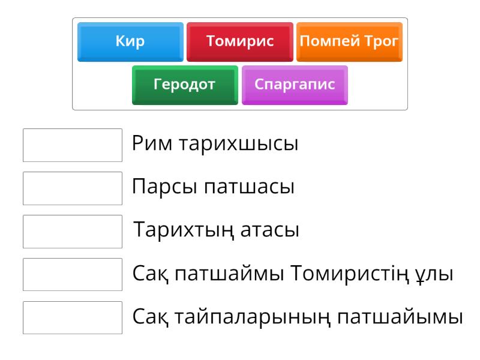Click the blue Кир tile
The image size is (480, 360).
point(130,41)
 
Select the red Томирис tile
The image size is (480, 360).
point(240,41)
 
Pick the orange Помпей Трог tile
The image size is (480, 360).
point(349,41)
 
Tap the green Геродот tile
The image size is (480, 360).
point(185,85)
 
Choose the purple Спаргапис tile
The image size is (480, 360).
point(295,85)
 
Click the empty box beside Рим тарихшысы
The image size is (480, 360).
point(73,145)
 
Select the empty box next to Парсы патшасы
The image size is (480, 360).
point(73,188)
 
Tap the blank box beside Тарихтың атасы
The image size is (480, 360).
point(73,231)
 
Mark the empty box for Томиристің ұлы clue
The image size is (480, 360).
point(73,274)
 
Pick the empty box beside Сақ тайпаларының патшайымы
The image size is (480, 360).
point(73,317)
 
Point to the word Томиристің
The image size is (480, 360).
point(356,275)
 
